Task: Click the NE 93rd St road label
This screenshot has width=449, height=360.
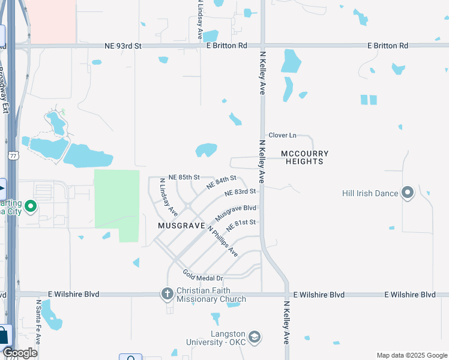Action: coord(122,46)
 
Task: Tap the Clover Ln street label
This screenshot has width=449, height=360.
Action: coord(282,136)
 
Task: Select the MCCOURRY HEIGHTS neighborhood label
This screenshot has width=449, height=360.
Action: coord(306,158)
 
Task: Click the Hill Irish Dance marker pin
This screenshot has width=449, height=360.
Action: coord(408,193)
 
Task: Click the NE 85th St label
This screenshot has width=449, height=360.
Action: coord(184,178)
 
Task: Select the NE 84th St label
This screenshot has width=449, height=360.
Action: coord(222,182)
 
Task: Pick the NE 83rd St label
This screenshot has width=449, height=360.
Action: coord(241,193)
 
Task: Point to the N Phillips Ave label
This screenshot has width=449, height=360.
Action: coord(223,241)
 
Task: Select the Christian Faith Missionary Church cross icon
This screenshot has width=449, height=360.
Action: coord(168,294)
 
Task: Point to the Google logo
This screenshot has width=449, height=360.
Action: coord(20,353)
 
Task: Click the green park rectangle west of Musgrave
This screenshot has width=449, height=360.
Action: coord(117,199)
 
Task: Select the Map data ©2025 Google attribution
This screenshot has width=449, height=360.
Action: coord(411,355)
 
